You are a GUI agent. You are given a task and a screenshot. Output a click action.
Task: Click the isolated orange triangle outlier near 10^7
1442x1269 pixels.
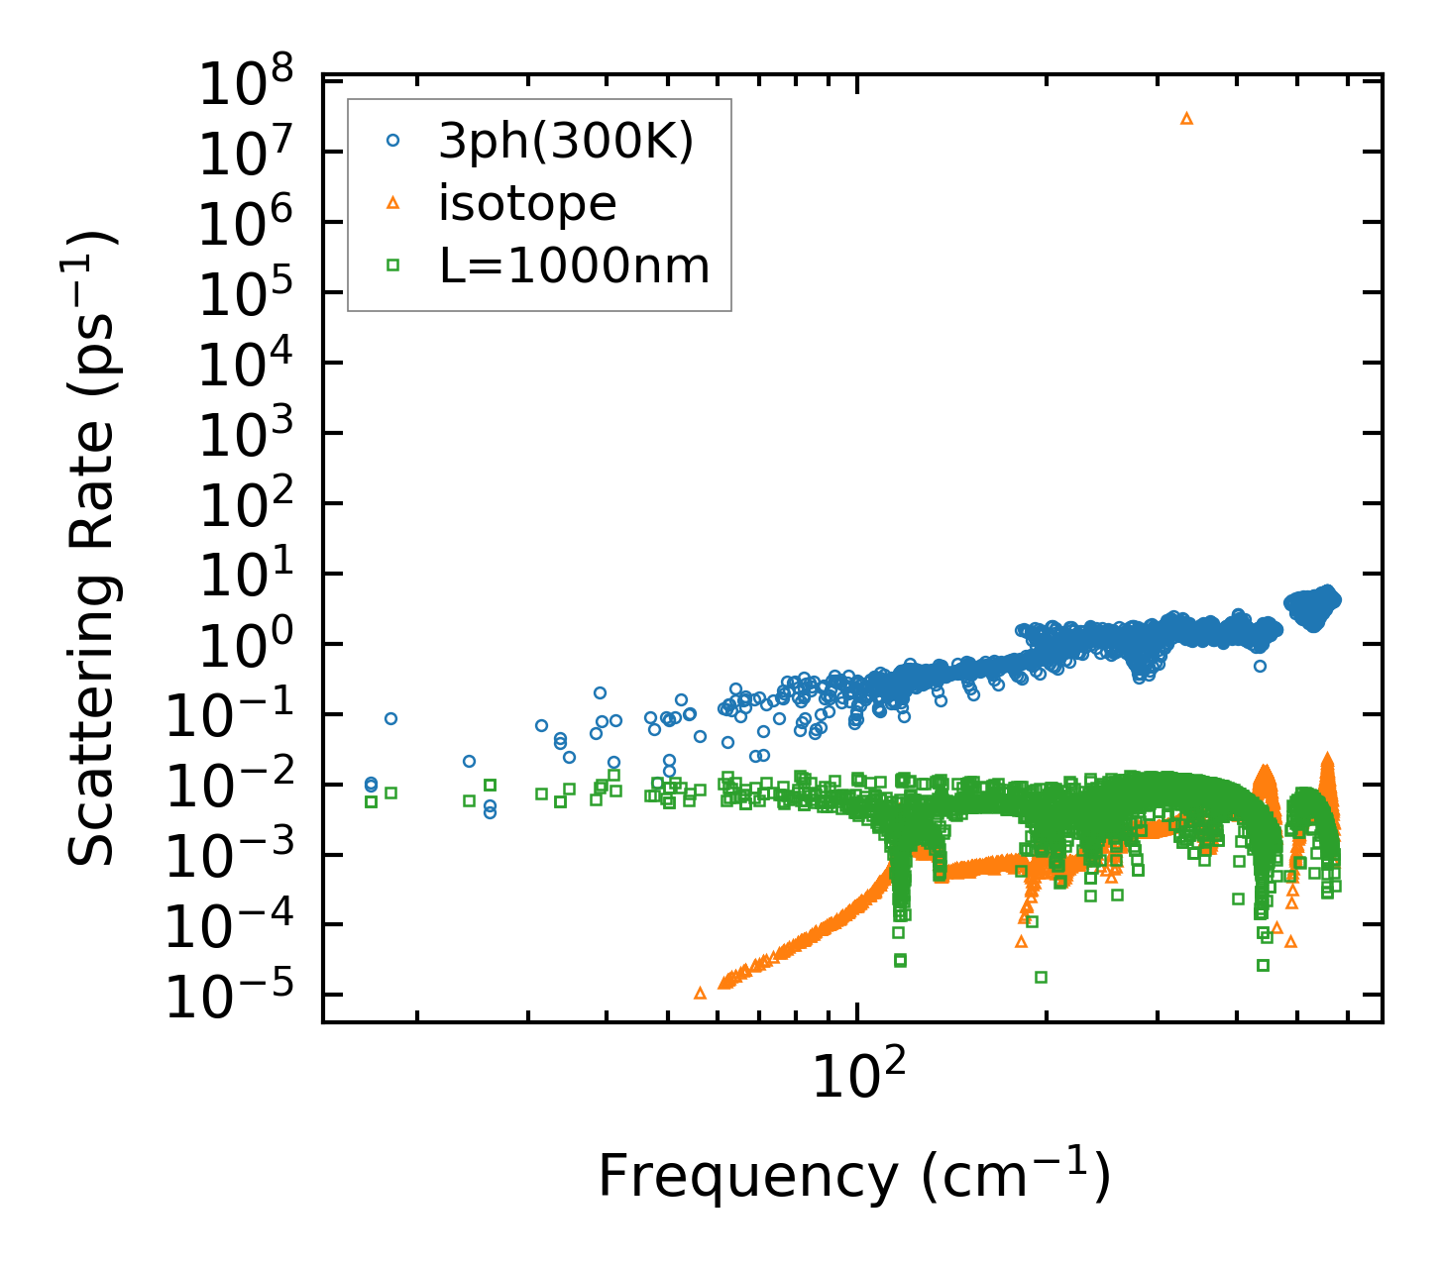coord(1186,118)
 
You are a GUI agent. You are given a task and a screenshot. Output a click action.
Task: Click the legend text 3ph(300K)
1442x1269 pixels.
coord(566,141)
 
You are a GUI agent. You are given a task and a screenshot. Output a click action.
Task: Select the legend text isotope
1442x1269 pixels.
coord(527,203)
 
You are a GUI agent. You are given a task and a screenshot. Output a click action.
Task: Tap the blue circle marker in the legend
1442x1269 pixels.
coord(392,141)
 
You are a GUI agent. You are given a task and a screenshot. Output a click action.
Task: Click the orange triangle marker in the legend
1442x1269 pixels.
coord(392,203)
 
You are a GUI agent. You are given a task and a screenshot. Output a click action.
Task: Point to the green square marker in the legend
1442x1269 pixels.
coord(392,264)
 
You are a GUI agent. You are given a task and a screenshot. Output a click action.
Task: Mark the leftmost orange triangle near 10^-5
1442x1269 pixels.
coord(700,993)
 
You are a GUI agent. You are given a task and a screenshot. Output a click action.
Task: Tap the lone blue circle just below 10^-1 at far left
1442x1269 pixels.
coord(390,718)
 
